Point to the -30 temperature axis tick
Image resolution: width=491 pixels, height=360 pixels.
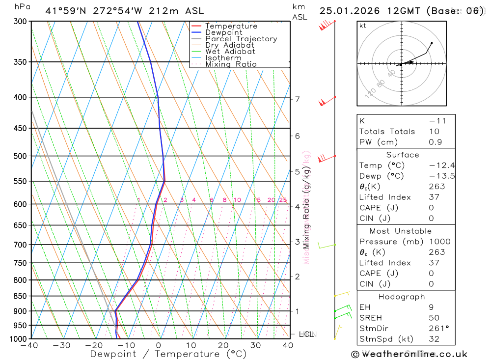(x=61, y=345)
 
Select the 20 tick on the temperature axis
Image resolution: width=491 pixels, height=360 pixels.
(x=223, y=345)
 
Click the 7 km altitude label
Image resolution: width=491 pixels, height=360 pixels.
(x=298, y=99)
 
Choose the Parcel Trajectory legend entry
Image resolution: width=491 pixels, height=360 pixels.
(x=241, y=39)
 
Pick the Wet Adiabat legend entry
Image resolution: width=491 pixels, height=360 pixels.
(x=230, y=52)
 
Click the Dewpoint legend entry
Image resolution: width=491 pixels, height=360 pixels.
(x=224, y=32)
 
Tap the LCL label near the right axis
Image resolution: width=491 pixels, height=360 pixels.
(x=306, y=334)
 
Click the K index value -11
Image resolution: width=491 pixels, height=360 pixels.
(x=436, y=121)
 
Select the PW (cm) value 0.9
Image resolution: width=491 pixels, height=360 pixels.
(x=435, y=142)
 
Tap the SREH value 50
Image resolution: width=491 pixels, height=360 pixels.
(x=434, y=318)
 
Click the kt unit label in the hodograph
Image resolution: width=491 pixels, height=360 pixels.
(x=363, y=26)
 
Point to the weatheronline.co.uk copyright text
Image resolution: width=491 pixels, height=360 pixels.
(x=409, y=354)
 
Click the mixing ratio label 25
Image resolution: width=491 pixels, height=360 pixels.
(x=283, y=200)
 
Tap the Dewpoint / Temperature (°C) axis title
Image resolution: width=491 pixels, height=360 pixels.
(x=168, y=354)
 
